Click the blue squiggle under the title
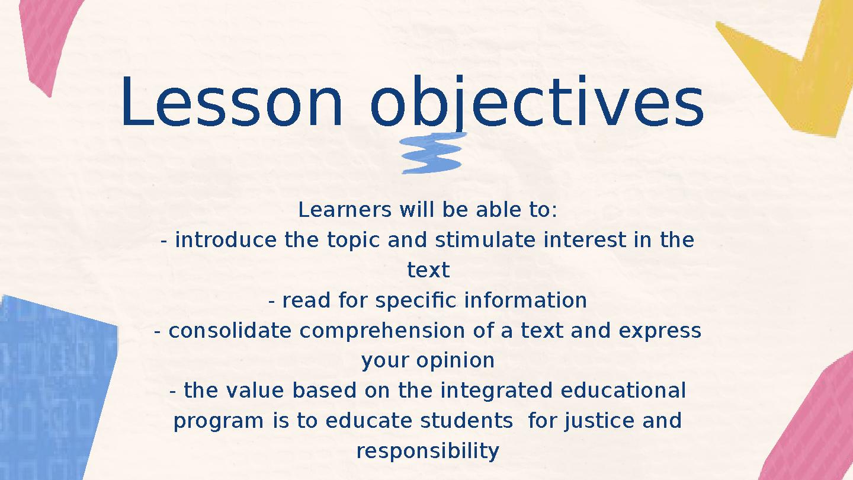[x=432, y=153]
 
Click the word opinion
[x=455, y=360]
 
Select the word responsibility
[x=428, y=452]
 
